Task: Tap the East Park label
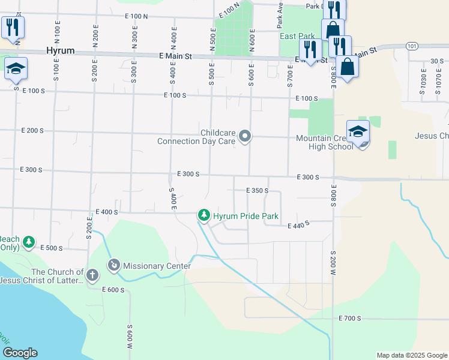[297, 36]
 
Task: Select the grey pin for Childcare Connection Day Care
[245, 137]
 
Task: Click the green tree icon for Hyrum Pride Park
[204, 215]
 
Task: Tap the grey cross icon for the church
[92, 275]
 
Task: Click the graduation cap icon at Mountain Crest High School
[357, 131]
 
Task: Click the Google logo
[20, 353]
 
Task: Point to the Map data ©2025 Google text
[411, 355]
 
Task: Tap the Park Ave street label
[280, 16]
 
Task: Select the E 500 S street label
[51, 247]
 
